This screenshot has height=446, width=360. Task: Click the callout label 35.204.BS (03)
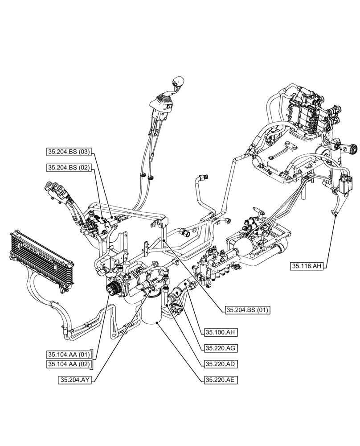click(69, 152)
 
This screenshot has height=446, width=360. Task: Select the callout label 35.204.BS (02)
click(69, 168)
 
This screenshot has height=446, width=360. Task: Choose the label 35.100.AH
click(220, 332)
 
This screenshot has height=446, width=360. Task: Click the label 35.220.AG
click(220, 348)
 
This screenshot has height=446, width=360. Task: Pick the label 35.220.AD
click(220, 364)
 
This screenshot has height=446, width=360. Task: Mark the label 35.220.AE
click(220, 380)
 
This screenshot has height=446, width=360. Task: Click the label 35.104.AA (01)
click(69, 355)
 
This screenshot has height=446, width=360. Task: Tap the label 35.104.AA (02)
click(69, 364)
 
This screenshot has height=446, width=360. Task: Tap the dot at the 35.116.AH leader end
click(335, 215)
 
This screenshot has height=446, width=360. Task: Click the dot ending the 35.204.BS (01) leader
click(164, 240)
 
